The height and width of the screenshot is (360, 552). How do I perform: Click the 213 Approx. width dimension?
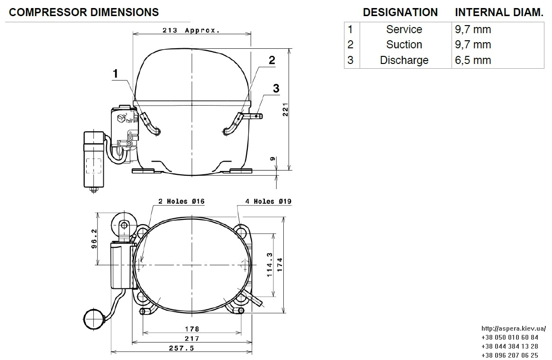click(x=191, y=30)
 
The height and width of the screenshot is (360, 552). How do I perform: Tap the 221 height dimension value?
click(x=286, y=109)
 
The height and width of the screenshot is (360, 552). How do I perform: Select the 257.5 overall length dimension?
click(x=181, y=348)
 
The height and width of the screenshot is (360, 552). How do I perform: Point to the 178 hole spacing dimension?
click(x=192, y=329)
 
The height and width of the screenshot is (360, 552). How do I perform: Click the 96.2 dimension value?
click(x=94, y=239)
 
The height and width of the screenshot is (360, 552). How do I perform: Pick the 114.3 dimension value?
click(x=270, y=265)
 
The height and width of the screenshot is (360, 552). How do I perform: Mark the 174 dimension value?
click(x=280, y=265)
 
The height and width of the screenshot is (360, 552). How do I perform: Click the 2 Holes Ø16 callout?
click(x=181, y=201)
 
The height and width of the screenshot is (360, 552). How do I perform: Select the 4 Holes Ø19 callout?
click(x=268, y=201)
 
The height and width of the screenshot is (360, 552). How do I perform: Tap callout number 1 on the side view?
click(x=115, y=74)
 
